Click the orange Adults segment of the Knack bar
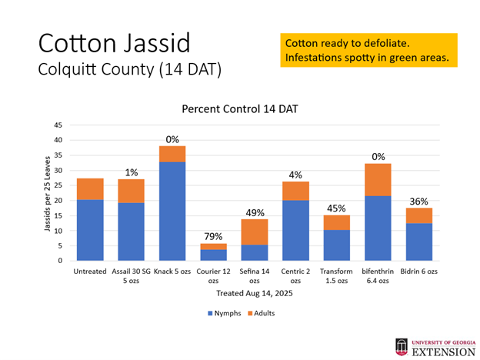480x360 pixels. pos(172,154)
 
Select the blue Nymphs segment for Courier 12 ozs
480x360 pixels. pos(214,255)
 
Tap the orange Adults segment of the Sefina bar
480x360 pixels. pos(255,232)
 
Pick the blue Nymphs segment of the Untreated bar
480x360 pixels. pos(90,230)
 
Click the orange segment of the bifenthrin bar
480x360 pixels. pos(378,180)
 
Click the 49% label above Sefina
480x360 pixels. pos(255,212)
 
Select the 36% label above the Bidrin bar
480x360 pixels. pos(418,202)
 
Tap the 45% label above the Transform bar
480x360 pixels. pos(337,208)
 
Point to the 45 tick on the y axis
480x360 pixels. pos(58,125)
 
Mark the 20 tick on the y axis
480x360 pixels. pos(58,200)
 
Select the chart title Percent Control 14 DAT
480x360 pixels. pos(239,109)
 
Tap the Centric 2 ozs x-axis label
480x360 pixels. pos(296,275)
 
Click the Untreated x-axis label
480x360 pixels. pos(90,272)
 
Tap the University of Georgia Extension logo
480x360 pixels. pos(435,348)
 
